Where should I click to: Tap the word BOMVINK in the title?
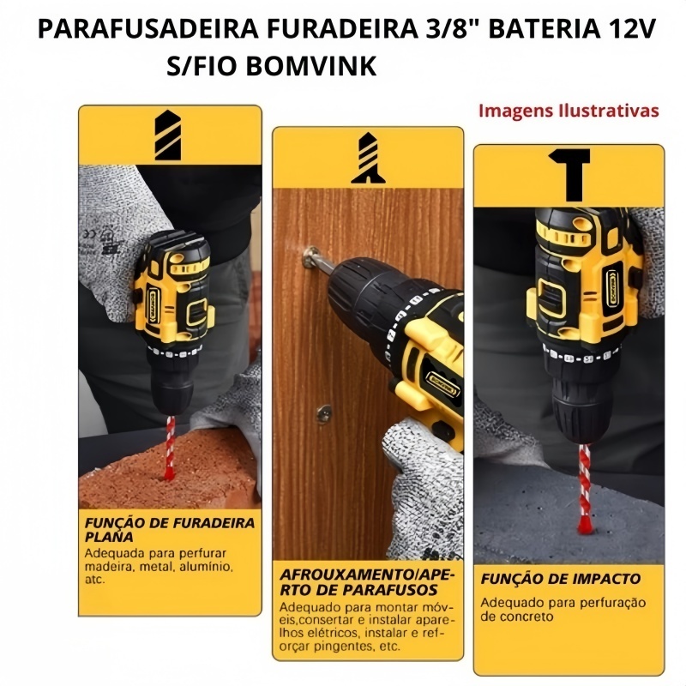[x=311, y=66]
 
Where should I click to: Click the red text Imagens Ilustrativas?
[x=569, y=111]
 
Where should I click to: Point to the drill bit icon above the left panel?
[x=168, y=135]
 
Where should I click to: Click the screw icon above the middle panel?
[x=369, y=158]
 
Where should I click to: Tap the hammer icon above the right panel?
[x=569, y=174]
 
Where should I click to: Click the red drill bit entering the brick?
[x=169, y=447]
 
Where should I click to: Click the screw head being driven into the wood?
[x=310, y=256]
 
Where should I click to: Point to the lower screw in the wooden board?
[x=324, y=413]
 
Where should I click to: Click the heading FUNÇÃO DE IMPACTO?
[x=561, y=579]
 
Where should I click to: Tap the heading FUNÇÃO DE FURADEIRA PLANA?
[x=170, y=529]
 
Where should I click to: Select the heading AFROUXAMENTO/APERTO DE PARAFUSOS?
[x=367, y=582]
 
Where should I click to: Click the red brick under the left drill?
[x=168, y=470]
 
